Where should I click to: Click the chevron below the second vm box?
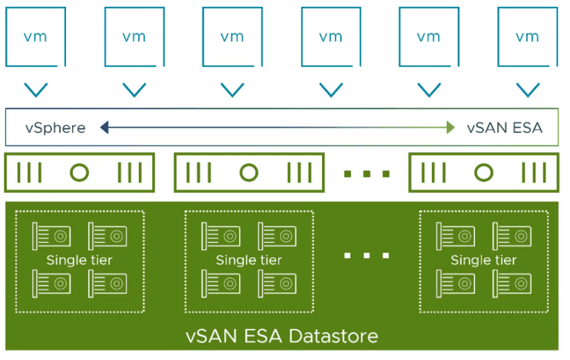pos(134,90)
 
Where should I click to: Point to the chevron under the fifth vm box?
pos(429,90)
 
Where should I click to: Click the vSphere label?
pos(55,128)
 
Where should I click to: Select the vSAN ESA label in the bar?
pos(505,128)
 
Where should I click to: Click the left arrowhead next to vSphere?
pos(105,128)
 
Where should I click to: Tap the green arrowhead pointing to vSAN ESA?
pos(451,128)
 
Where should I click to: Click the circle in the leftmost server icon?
pos(79,173)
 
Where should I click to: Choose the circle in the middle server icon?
pos(249,173)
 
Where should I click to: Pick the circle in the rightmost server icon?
pos(483,173)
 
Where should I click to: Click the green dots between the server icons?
pos(367,174)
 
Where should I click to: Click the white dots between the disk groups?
pos(367,255)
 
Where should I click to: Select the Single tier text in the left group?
pos(79,260)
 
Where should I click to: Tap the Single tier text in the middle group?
pos(249,260)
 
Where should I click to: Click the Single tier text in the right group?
pos(483,260)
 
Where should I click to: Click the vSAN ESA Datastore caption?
pos(281,336)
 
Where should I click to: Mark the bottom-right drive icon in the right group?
pos(512,282)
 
